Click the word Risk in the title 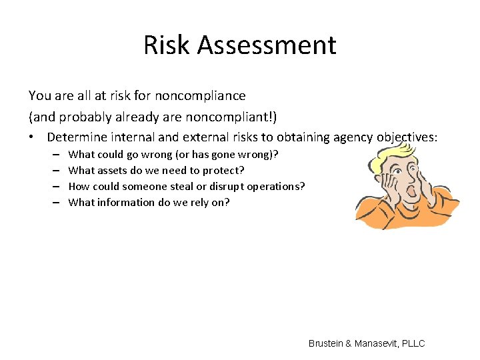pyautogui.click(x=167, y=45)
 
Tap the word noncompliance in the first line pyautogui.click(x=203, y=95)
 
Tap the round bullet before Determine pyautogui.click(x=32, y=137)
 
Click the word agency pyautogui.click(x=353, y=137)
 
